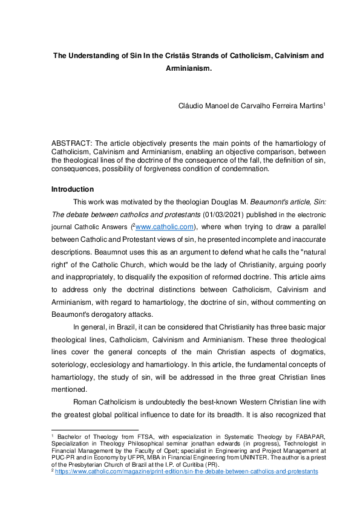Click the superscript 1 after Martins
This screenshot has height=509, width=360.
click(x=324, y=103)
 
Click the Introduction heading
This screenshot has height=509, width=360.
click(x=73, y=189)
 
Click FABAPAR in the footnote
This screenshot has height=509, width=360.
click(x=308, y=436)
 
